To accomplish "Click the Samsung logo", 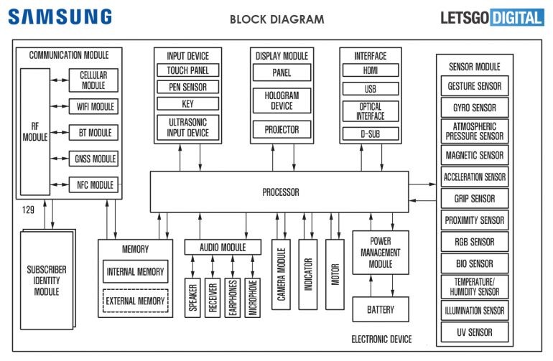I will pyautogui.click(x=60, y=17).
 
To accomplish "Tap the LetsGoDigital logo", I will pyautogui.click(x=491, y=17).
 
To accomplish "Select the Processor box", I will pyautogui.click(x=279, y=192).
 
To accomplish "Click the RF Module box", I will pyautogui.click(x=33, y=133).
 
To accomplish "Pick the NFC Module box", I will pyautogui.click(x=93, y=184).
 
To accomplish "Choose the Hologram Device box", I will pyautogui.click(x=282, y=100).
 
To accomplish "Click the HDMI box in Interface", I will pyautogui.click(x=370, y=70).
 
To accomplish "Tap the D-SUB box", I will pyautogui.click(x=370, y=133).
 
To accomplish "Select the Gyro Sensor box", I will pyautogui.click(x=475, y=108).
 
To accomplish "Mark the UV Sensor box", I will pyautogui.click(x=475, y=332).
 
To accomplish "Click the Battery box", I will pyautogui.click(x=380, y=310).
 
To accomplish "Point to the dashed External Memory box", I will pyautogui.click(x=135, y=301).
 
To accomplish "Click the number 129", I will pyautogui.click(x=27, y=210).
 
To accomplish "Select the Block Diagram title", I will pyautogui.click(x=276, y=19).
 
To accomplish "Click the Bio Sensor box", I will pyautogui.click(x=475, y=263).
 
